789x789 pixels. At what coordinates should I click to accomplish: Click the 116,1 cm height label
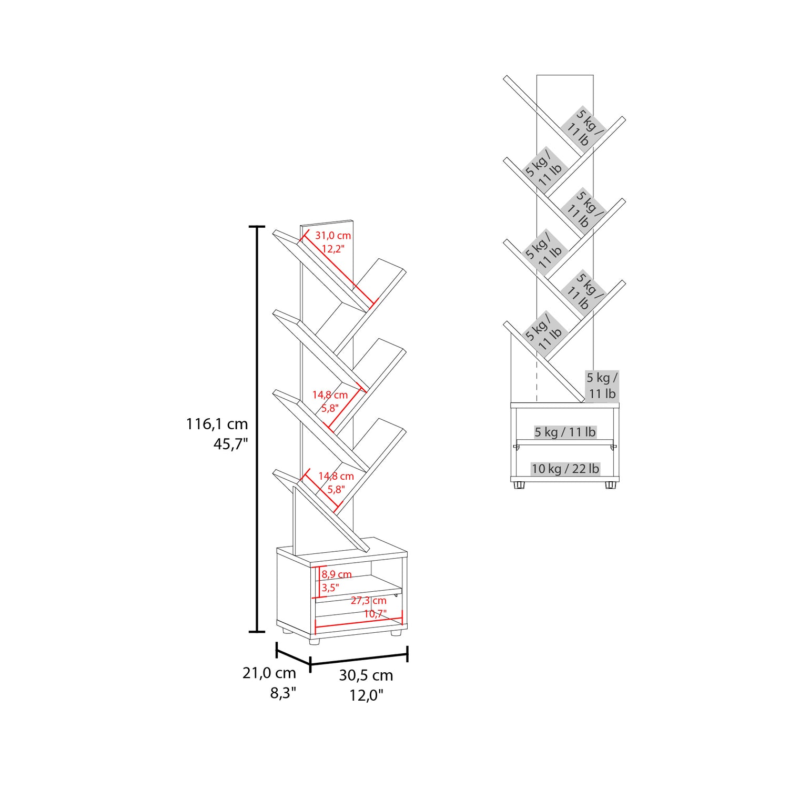217,424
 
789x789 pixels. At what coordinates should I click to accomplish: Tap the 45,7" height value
230,444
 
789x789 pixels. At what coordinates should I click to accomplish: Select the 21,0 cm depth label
269,673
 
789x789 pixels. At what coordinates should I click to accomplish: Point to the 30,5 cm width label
366,675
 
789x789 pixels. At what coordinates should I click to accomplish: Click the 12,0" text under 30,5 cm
367,695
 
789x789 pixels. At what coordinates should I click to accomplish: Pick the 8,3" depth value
284,693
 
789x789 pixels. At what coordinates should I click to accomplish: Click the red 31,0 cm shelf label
333,236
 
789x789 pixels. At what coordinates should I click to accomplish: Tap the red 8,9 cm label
337,574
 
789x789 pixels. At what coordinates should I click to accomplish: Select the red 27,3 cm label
369,601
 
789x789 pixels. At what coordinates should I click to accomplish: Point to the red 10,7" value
376,614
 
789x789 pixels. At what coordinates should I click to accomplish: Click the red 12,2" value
333,249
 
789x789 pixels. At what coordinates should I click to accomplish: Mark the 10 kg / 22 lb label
565,469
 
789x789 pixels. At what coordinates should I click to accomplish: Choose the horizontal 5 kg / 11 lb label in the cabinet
565,432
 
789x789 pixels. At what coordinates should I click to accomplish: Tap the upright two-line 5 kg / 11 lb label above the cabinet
602,386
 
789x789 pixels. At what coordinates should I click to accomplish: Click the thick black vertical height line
257,429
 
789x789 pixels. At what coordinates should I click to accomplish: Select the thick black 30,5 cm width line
359,659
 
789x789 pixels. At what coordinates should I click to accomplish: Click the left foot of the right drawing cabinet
519,485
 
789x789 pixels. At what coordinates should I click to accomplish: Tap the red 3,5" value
330,588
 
